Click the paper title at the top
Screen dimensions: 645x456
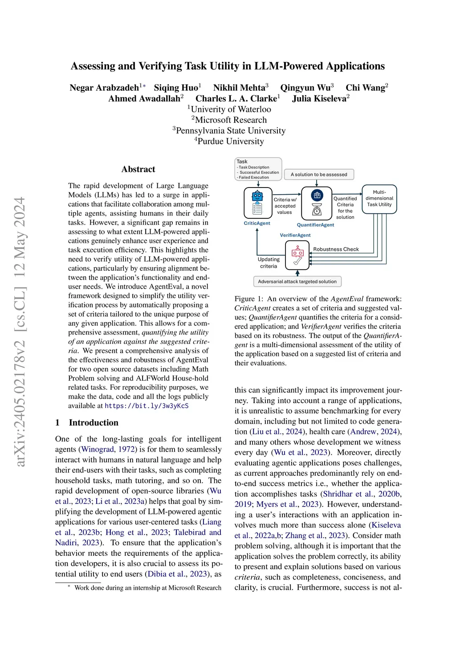pos(228,66)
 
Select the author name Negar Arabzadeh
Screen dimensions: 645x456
pos(104,88)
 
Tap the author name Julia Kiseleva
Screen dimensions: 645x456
pos(319,99)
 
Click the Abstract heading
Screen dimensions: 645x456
pos(138,169)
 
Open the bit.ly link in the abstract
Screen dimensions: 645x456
pos(147,406)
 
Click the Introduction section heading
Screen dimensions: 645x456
pos(94,423)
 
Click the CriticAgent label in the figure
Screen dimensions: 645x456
pos(257,223)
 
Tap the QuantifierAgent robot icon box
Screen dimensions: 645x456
pos(317,203)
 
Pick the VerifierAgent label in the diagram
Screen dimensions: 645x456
pos(295,235)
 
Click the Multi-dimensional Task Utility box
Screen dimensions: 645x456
pos(379,199)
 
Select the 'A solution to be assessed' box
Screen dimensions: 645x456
pos(319,175)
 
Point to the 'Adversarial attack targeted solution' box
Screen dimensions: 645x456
pos(297,282)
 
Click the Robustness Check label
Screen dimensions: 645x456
pos(336,249)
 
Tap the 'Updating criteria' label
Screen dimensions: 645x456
pos(269,263)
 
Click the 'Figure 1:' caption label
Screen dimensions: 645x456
pos(249,299)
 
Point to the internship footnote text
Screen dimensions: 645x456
pos(147,588)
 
